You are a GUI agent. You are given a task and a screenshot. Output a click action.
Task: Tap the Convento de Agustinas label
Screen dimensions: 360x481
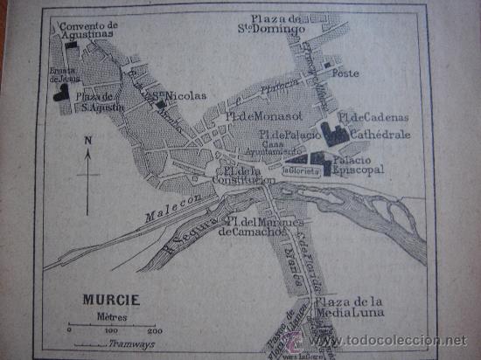point(88,31)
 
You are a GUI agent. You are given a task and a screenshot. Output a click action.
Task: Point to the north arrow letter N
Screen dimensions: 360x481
point(87,140)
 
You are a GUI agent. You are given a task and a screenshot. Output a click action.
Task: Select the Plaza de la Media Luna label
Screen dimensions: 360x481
point(360,308)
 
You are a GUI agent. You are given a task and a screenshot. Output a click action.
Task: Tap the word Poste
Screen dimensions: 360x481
point(347,73)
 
